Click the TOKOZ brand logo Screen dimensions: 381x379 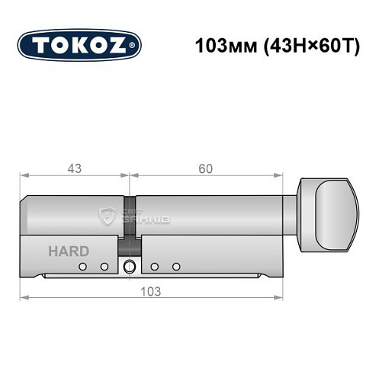click(x=79, y=46)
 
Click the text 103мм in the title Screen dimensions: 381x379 click(x=217, y=44)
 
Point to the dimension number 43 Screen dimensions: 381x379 click(x=74, y=168)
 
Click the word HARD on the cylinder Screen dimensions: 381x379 click(x=70, y=251)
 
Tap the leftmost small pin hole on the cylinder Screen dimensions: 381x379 click(x=82, y=266)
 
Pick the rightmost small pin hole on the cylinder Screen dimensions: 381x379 click(x=176, y=266)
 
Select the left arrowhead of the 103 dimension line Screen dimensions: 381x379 click(x=23, y=297)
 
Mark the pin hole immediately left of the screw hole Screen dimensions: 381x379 click(x=104, y=266)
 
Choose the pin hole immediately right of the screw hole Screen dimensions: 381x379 click(x=155, y=266)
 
